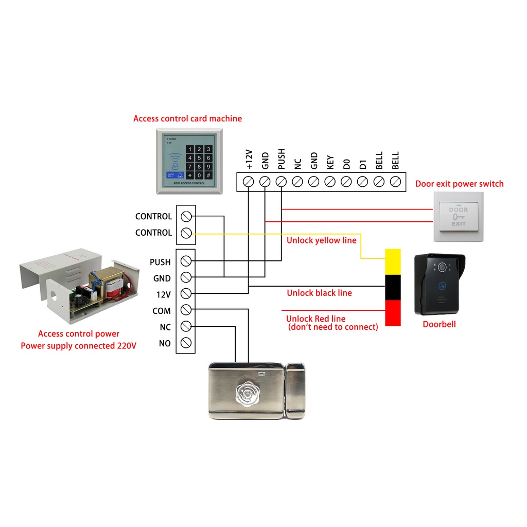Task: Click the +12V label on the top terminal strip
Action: pos(249,160)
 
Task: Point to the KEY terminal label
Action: pos(330,163)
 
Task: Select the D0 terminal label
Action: pos(346,164)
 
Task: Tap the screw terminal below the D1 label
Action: pos(363,182)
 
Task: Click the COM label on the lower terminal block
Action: pos(161,311)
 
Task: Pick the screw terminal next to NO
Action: pos(186,343)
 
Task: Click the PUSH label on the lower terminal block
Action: pos(160,262)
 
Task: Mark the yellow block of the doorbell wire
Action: pos(393,261)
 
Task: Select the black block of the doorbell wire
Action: pos(393,287)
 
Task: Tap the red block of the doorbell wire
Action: pos(393,313)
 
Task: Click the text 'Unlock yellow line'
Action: pos(321,240)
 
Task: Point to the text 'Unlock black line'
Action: pos(319,293)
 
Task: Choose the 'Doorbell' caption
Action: pos(439,324)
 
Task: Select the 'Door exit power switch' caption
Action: pos(459,184)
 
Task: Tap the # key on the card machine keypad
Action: pos(208,175)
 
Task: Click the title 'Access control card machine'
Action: pos(187,118)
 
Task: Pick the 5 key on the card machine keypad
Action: pos(199,158)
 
